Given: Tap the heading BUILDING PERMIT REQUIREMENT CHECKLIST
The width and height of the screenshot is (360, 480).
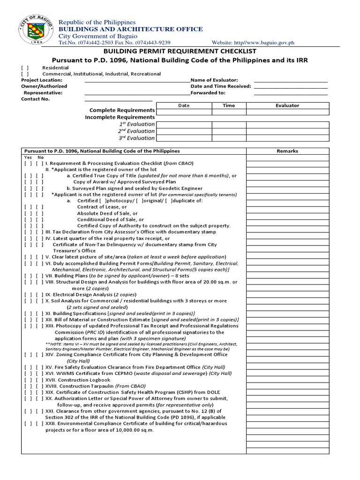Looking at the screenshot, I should tap(180, 51).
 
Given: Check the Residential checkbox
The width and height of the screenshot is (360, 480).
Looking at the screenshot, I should tap(24, 67).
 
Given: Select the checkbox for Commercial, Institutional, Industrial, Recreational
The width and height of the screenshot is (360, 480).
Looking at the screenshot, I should tap(24, 74).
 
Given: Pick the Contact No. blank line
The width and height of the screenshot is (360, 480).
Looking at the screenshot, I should tap(119, 100).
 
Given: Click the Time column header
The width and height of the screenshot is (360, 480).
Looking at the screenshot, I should tap(229, 105).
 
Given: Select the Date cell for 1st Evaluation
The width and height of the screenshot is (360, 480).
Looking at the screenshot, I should tap(184, 124).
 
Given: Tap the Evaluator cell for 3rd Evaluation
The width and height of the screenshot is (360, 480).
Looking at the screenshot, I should tap(287, 138).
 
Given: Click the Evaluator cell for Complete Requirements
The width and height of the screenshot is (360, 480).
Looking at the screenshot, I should tap(287, 112).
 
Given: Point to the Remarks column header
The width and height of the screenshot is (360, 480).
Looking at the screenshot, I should tap(287, 151).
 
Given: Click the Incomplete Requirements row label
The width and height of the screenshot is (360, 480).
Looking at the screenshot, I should tap(120, 117).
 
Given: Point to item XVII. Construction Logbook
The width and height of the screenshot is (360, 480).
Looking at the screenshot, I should tap(78, 380).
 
